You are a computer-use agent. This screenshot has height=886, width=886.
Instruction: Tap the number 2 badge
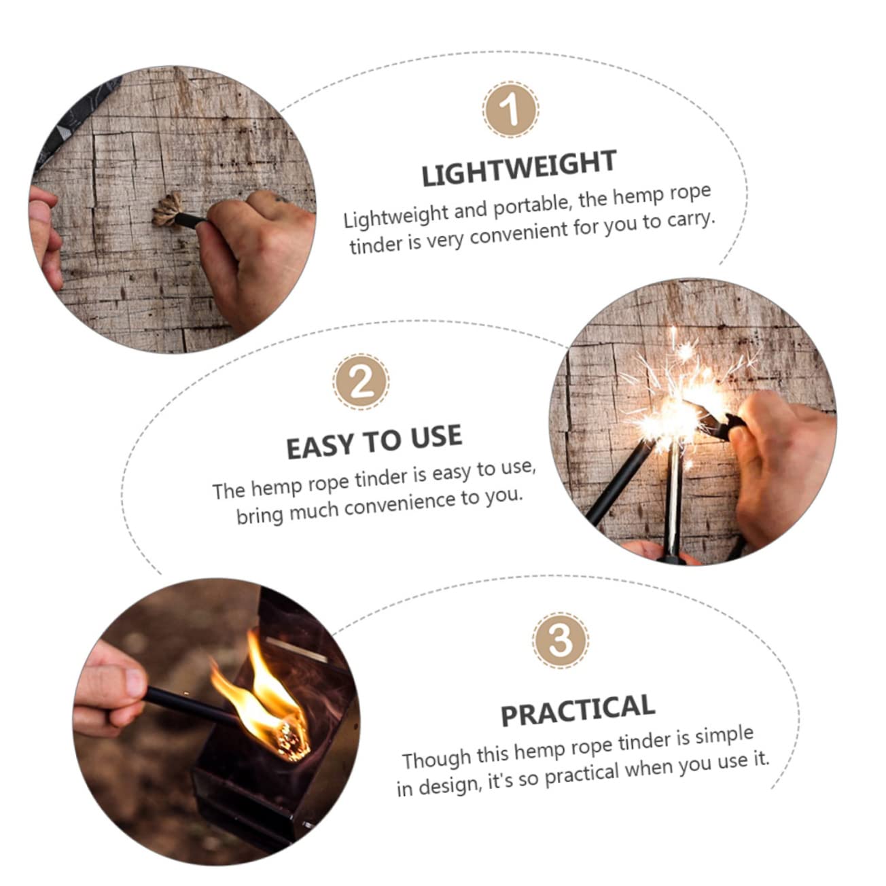pyautogui.click(x=361, y=382)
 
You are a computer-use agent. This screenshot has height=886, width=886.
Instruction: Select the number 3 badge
pyautogui.click(x=560, y=640)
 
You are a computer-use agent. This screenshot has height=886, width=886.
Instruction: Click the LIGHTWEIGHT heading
pyautogui.click(x=518, y=169)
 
